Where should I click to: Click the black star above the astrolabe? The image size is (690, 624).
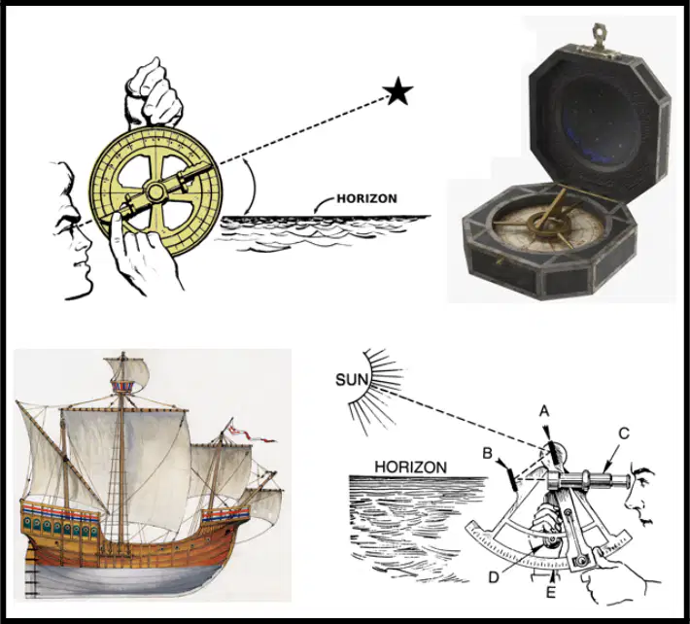pos(397,91)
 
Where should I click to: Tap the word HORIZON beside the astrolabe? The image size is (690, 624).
pos(366,198)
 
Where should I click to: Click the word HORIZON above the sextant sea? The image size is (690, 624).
pos(410,467)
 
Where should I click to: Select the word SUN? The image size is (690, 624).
pos(351,379)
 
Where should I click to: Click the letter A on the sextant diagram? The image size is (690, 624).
pos(544,411)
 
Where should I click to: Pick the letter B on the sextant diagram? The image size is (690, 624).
pos(487,453)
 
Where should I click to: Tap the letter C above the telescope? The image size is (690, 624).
pos(624,433)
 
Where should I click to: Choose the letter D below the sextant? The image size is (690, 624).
pos(494,577)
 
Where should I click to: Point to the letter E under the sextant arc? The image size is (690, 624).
pos(550,592)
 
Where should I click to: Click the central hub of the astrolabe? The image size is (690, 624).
pos(155,191)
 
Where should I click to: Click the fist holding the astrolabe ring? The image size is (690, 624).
pos(154,93)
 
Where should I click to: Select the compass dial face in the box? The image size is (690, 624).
pos(550,229)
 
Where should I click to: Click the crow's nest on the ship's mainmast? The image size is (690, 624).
pos(121,387)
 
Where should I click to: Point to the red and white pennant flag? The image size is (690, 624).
pos(250,433)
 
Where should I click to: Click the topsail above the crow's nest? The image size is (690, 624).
pos(126,370)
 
